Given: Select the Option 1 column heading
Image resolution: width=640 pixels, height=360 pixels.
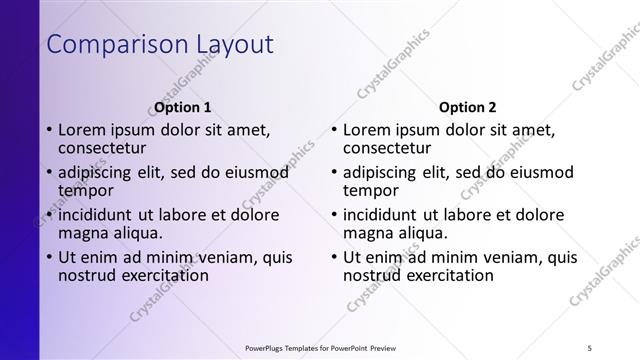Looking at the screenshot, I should point(183,107).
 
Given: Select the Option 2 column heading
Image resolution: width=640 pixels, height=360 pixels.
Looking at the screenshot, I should point(467,107).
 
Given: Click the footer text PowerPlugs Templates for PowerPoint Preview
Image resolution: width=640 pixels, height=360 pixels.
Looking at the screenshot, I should point(319,347).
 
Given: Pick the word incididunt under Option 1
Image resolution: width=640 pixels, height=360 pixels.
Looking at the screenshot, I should point(102,215).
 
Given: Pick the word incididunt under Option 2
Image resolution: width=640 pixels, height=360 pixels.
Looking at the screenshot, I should point(386,215).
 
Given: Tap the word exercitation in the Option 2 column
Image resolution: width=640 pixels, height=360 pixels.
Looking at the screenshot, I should point(447,276).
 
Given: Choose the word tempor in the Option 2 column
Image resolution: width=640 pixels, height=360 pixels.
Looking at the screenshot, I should point(371,190).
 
